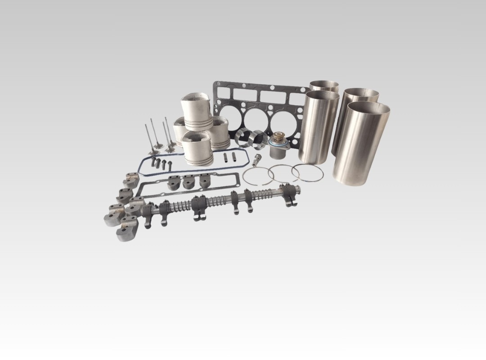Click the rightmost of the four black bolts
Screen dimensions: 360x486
tap(170, 164)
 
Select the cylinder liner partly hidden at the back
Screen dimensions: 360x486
tap(324, 86)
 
